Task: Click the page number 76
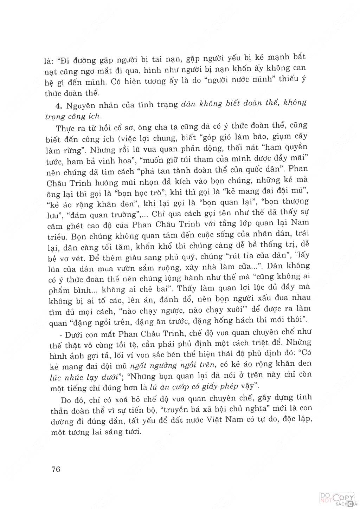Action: click(56, 469)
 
